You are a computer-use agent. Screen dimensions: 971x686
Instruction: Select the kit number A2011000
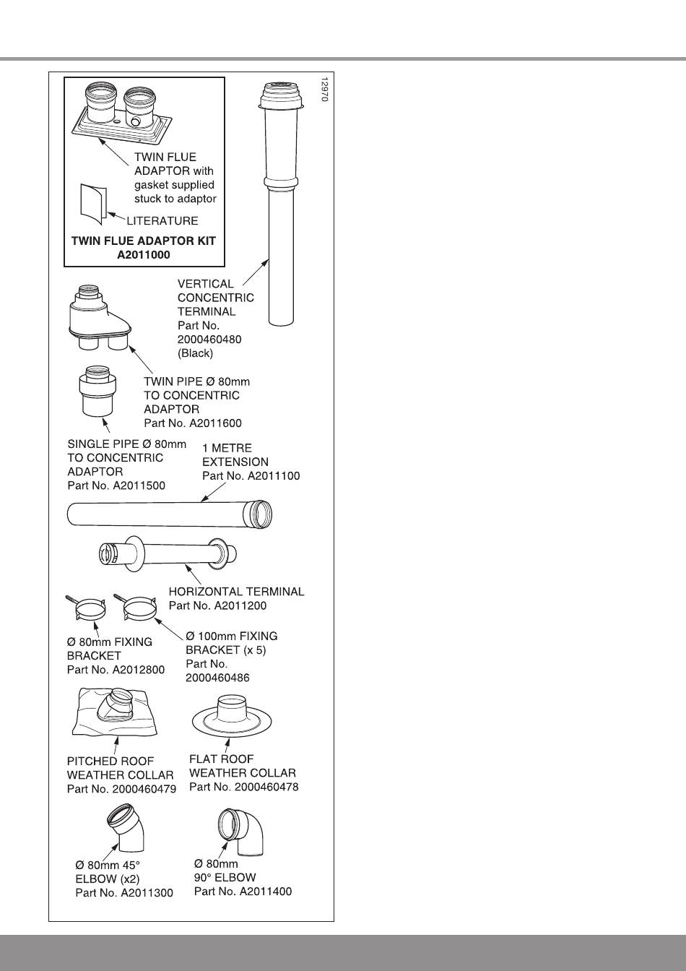click(143, 254)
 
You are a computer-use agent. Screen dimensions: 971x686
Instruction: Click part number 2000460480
click(209, 340)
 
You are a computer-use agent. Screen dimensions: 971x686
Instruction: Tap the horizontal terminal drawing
click(166, 555)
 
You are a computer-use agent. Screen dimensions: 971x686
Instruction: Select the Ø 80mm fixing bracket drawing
click(90, 609)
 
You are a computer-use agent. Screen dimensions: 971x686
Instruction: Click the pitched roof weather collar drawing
click(116, 712)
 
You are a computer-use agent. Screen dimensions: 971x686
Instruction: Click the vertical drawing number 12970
click(324, 89)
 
